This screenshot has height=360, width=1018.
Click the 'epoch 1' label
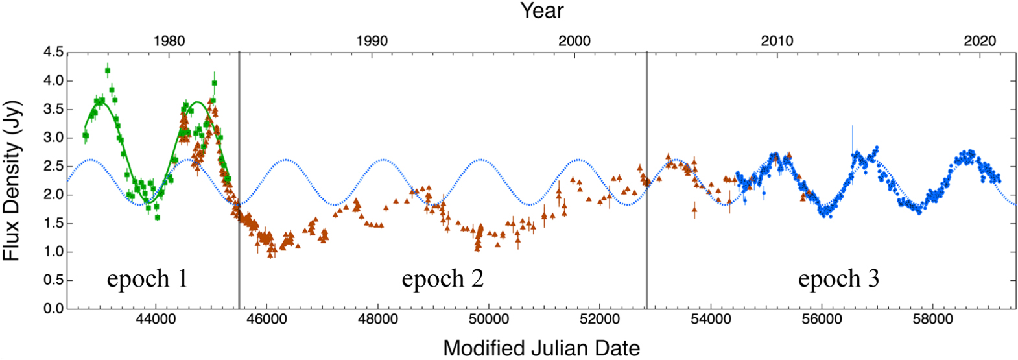[x=147, y=279]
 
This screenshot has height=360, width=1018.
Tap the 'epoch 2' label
[x=442, y=279]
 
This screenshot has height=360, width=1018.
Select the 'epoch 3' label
[x=838, y=279]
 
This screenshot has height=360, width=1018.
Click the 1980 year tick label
[x=169, y=41]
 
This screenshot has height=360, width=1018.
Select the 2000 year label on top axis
[x=574, y=41]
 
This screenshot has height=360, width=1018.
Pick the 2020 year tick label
[x=980, y=41]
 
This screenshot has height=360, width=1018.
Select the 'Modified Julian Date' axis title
[x=541, y=348]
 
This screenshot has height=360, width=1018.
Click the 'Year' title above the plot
[x=542, y=11]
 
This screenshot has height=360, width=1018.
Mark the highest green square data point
[x=108, y=70]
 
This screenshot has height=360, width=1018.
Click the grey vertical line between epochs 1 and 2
[x=239, y=195]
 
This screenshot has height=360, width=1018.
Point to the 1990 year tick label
[x=372, y=41]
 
